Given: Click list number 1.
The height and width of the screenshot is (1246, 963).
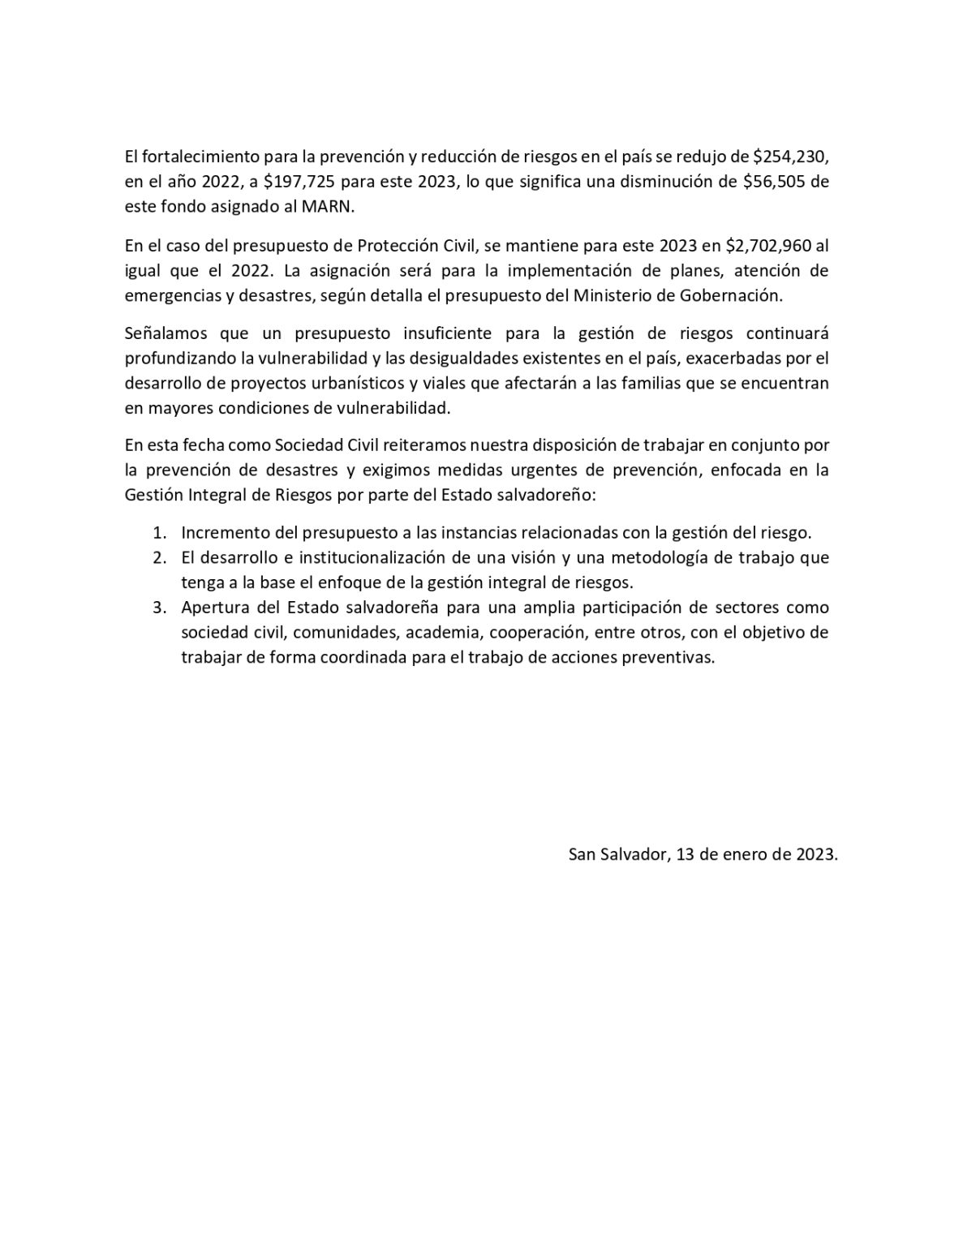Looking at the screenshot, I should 160,533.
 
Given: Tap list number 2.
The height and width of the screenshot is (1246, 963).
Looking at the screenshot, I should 161,557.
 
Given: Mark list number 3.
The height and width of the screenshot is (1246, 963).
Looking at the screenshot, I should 161,608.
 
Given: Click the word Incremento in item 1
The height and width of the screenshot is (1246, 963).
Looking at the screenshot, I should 221,533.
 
